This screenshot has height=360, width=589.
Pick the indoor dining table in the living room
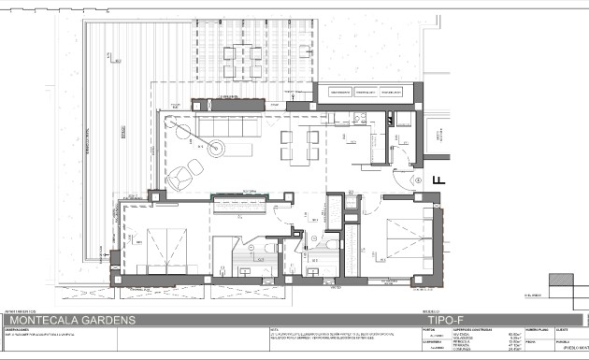(x=302, y=144)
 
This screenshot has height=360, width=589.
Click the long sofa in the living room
(x=223, y=128)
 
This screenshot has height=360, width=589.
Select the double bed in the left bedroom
(x=151, y=247)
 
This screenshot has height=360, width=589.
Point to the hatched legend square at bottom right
(x=560, y=281)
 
